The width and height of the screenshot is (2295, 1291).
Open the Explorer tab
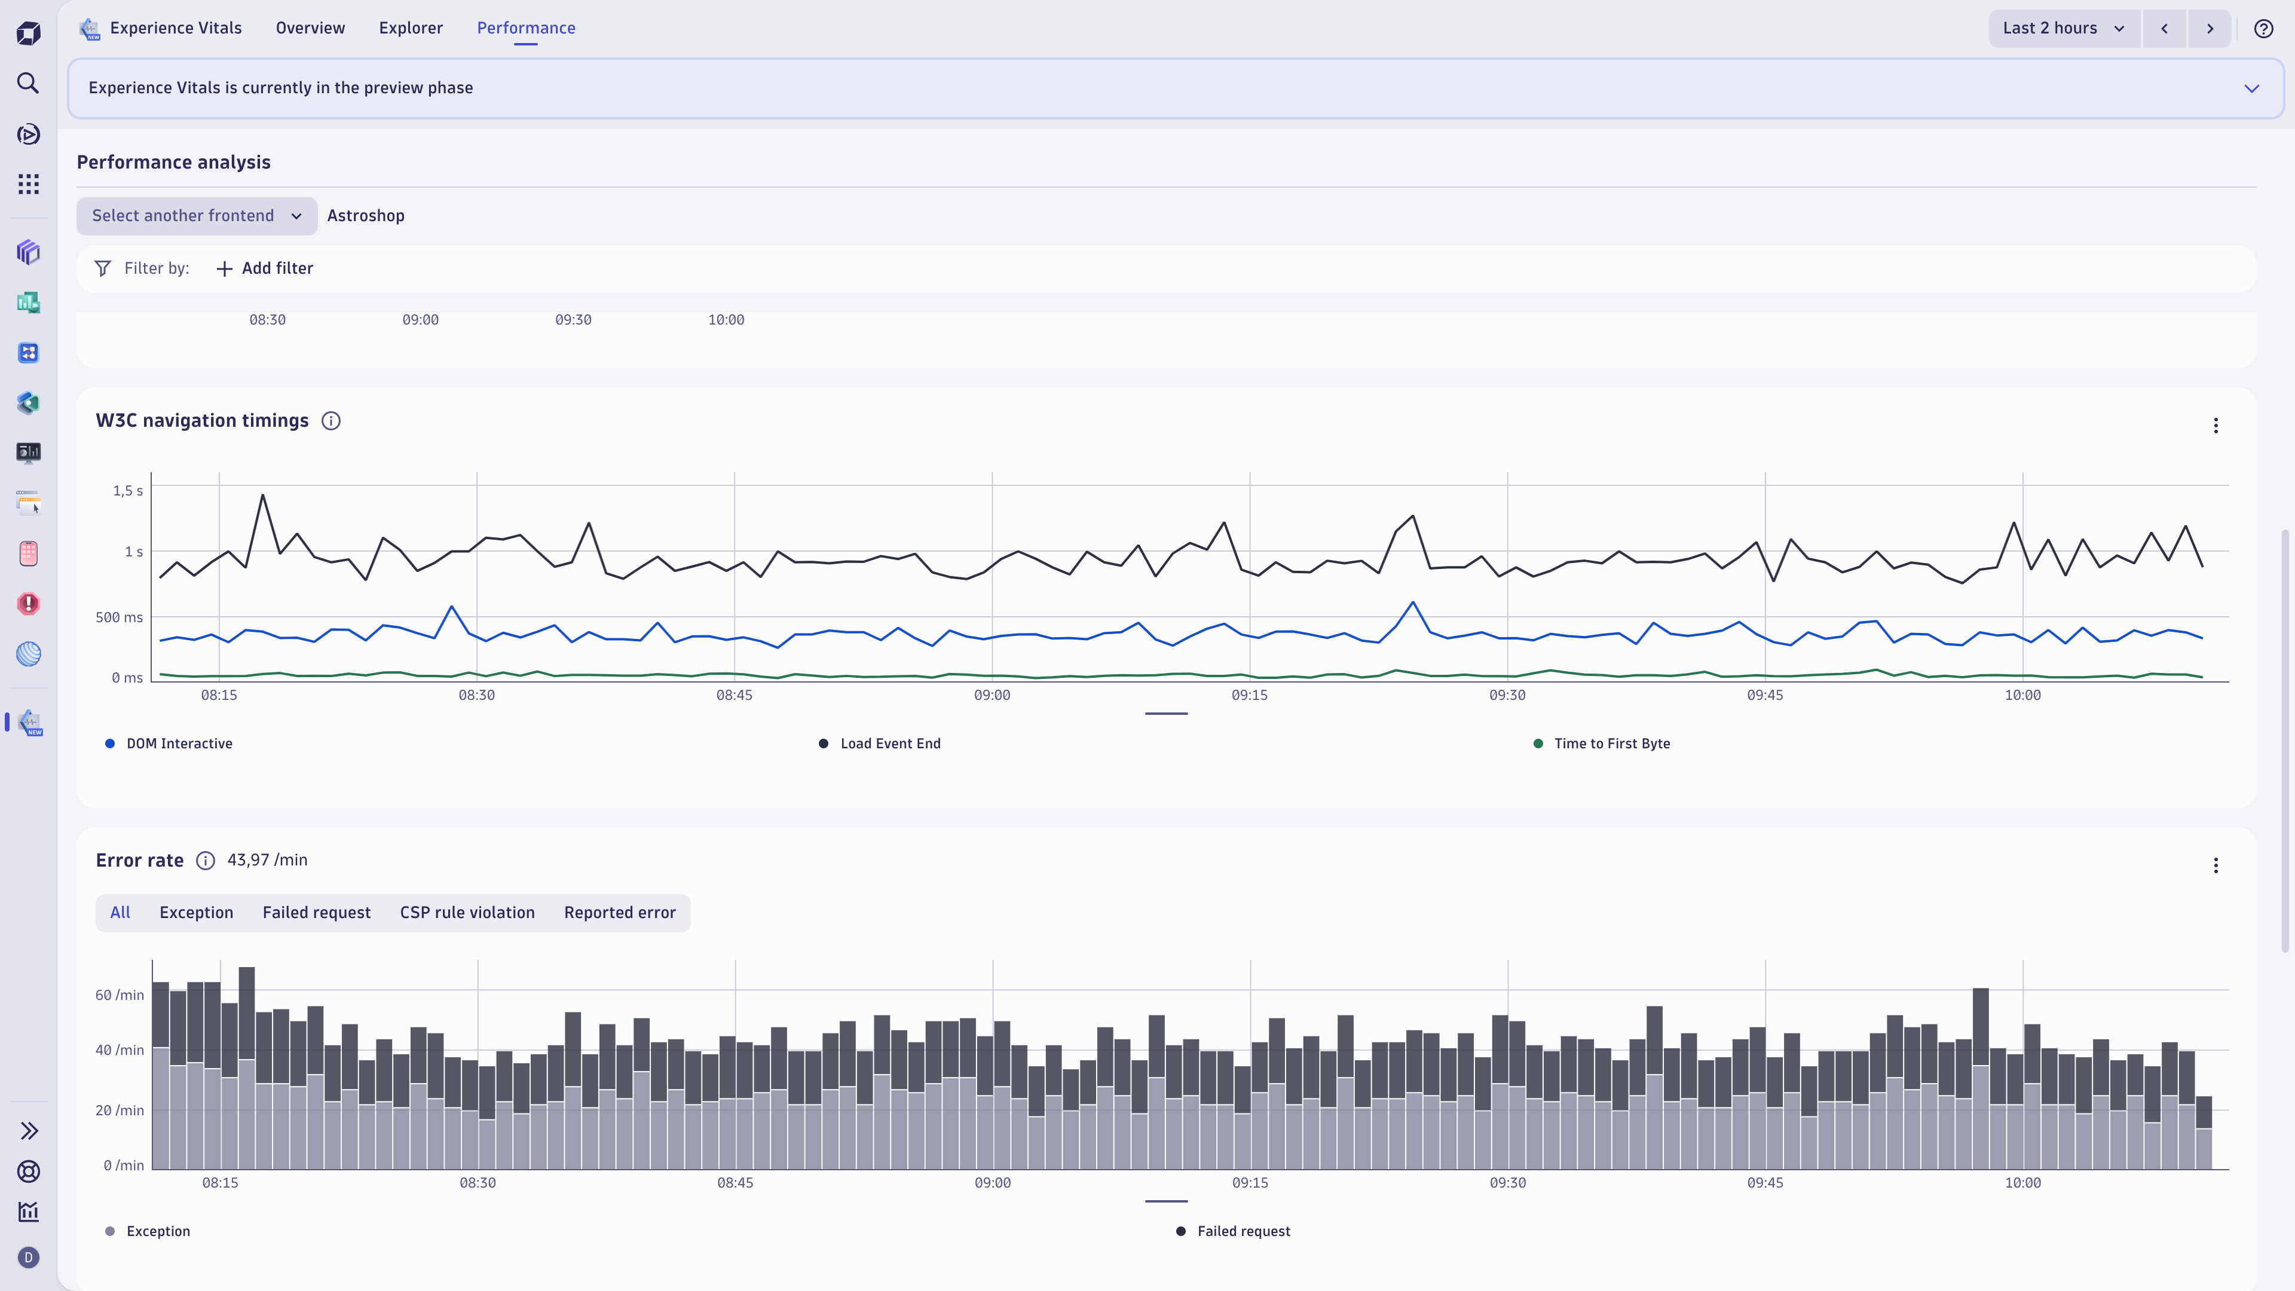click(x=411, y=27)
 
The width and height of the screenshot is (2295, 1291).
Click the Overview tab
click(x=310, y=27)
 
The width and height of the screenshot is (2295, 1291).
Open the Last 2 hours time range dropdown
click(x=2063, y=27)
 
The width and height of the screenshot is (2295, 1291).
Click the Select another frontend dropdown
click(x=197, y=216)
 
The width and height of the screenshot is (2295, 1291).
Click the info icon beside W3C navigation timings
click(x=331, y=421)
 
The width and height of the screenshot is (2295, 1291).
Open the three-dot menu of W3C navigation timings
click(x=2216, y=426)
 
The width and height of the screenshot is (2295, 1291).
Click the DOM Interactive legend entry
click(x=178, y=743)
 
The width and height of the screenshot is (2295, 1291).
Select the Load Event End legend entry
click(x=889, y=743)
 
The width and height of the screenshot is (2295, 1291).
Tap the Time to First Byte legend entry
click(x=1611, y=743)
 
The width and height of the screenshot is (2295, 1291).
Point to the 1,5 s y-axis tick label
click(x=127, y=491)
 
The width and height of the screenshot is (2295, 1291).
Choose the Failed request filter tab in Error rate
click(x=316, y=912)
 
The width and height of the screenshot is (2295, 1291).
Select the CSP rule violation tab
click(x=467, y=912)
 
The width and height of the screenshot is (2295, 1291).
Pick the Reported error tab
click(x=619, y=912)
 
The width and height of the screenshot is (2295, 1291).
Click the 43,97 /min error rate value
click(x=267, y=860)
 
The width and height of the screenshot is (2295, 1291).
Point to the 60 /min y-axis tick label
click(x=120, y=995)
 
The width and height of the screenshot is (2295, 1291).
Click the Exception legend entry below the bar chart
click(x=158, y=1231)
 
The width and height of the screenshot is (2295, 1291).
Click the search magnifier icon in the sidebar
click(x=29, y=83)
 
